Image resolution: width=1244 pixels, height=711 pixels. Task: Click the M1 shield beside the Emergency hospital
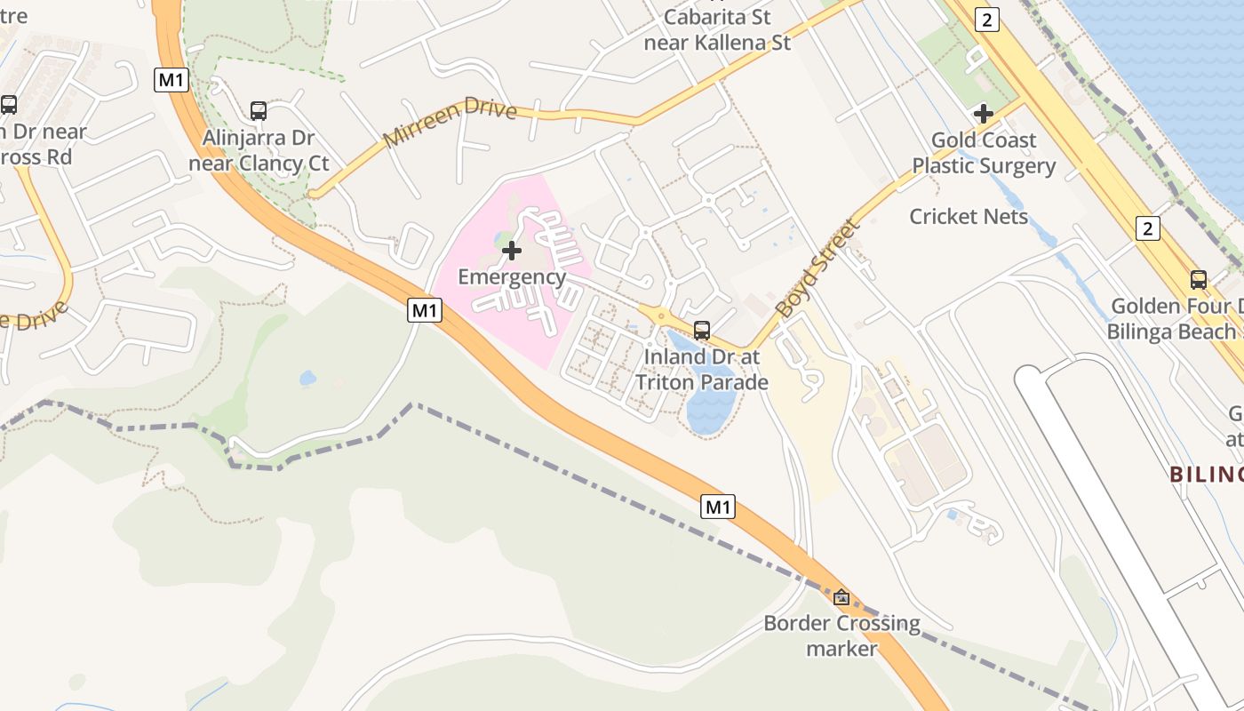(425, 309)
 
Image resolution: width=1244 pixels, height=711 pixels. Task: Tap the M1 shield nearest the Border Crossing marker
(718, 507)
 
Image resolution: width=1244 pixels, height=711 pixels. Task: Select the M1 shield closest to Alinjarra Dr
(171, 79)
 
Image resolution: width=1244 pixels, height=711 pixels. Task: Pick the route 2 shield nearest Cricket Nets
(1148, 228)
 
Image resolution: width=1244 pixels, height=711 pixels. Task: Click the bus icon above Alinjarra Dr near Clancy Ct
(259, 111)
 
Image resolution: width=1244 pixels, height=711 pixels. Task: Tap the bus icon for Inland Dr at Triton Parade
(702, 331)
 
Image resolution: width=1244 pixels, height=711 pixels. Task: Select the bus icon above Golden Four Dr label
(1199, 280)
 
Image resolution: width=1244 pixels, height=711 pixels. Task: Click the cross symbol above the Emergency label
(511, 251)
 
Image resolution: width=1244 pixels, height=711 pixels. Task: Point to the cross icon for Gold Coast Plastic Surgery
(984, 114)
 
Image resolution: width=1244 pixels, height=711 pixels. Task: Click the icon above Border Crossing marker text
(841, 597)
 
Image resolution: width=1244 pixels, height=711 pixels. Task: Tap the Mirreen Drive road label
(450, 123)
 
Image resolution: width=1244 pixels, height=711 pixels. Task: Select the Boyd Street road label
(818, 268)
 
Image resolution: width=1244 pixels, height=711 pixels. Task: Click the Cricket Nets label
(969, 216)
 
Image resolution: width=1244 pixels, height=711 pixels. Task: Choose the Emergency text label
(512, 276)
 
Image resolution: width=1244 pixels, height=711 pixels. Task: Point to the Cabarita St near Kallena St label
(717, 28)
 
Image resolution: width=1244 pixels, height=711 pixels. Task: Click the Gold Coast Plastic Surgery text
(984, 153)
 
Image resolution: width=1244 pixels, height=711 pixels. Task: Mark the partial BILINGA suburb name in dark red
(1206, 474)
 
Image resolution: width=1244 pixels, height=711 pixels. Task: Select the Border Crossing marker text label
(841, 635)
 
